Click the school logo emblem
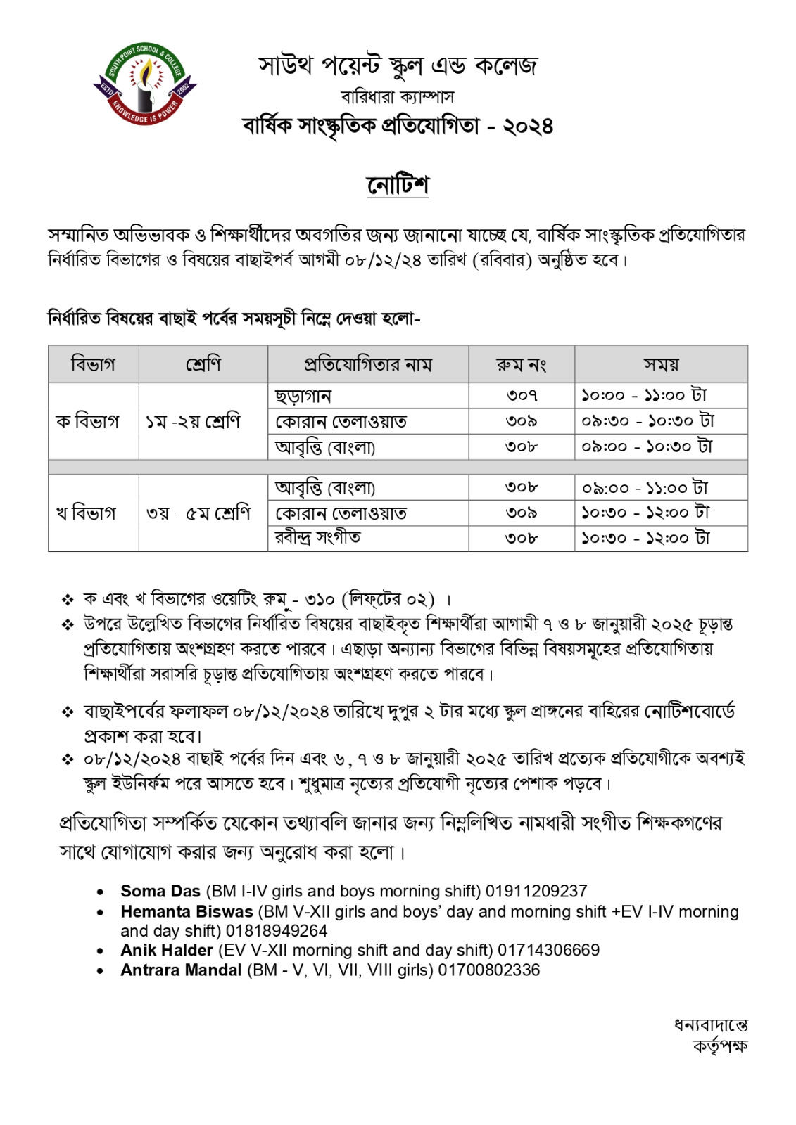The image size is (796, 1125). click(144, 85)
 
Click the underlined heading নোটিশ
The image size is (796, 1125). click(398, 185)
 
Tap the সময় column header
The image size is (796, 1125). click(661, 364)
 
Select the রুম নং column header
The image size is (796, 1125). click(521, 364)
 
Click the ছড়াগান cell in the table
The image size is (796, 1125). click(303, 396)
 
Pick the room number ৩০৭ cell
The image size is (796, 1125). click(522, 396)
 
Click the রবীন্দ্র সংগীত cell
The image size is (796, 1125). click(318, 538)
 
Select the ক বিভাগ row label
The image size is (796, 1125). click(88, 421)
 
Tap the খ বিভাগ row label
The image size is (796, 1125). click(86, 513)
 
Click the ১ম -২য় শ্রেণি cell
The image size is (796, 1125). click(193, 421)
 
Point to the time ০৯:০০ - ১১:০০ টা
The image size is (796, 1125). click(645, 487)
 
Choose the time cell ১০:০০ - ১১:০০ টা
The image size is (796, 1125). click(644, 395)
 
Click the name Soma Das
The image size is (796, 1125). click(160, 891)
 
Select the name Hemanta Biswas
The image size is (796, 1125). click(187, 911)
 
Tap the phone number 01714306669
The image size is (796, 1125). click(548, 950)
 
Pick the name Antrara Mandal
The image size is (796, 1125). click(181, 970)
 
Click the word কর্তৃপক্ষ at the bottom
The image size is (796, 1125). click(719, 1046)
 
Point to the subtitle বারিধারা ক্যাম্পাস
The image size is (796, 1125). click(398, 96)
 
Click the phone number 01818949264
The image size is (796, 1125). click(277, 931)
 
